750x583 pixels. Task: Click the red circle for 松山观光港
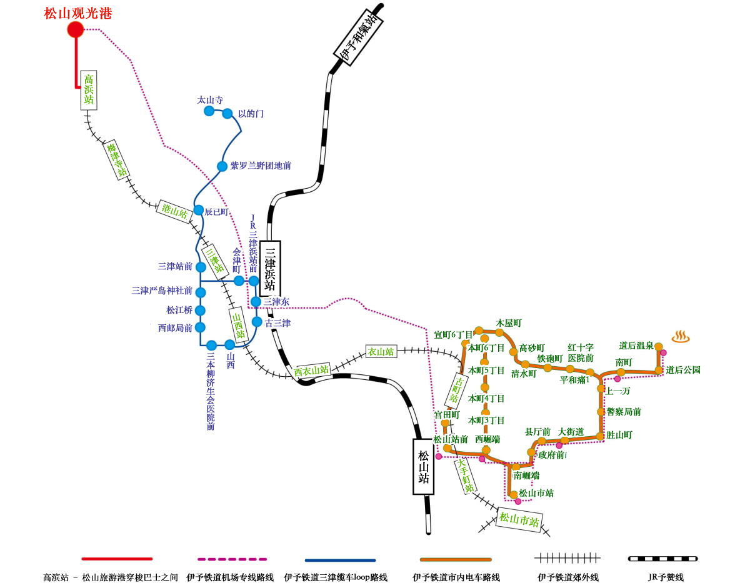(75, 29)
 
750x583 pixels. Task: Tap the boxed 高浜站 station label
(89, 90)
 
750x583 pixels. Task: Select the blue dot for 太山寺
(209, 111)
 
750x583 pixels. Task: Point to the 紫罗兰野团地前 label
(261, 166)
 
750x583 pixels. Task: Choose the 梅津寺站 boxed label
(116, 160)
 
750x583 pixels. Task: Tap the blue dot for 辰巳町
(199, 210)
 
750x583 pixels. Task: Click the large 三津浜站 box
(270, 269)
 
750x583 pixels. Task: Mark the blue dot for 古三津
(257, 322)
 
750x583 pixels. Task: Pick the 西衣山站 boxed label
(311, 371)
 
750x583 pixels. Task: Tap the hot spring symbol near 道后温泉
(681, 336)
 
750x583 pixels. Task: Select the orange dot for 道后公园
(659, 371)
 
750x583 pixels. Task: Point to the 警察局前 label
(624, 412)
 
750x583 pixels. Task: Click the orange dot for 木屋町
(499, 332)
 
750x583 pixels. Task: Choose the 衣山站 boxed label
(381, 352)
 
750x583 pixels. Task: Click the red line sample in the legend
(117, 559)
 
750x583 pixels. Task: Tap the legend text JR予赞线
(666, 577)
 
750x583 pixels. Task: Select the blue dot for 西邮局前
(200, 327)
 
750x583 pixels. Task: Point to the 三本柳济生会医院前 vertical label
(211, 391)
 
